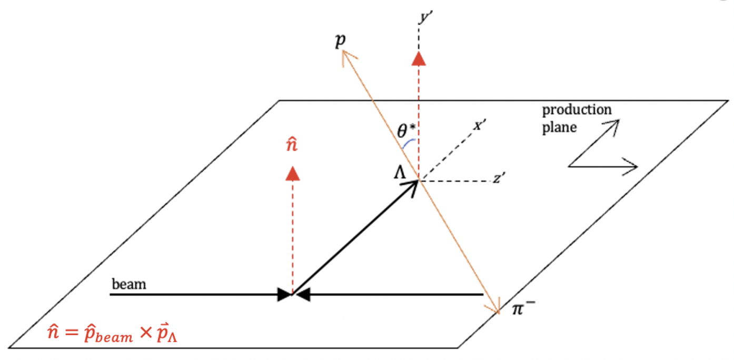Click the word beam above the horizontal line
(x=128, y=285)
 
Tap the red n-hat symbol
(x=292, y=146)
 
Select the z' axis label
(x=500, y=179)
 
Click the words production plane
(x=577, y=118)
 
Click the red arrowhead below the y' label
(x=419, y=58)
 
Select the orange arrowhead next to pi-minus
(x=495, y=309)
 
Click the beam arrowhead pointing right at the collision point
(x=285, y=295)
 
